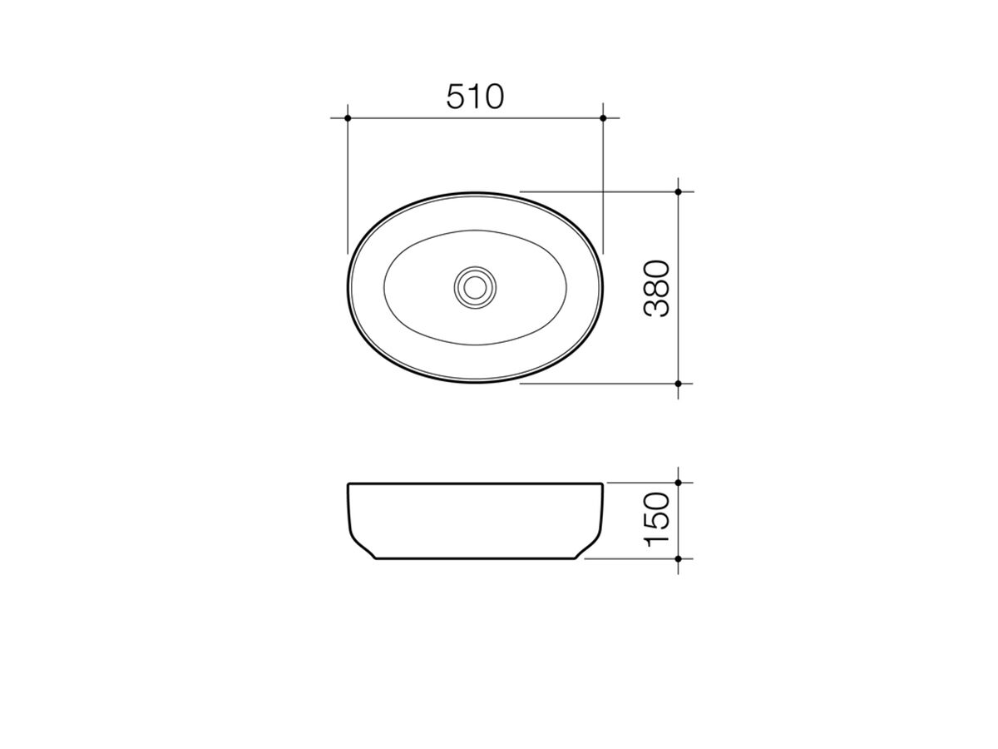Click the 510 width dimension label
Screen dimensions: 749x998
[475, 97]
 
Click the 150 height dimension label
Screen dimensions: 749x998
[657, 520]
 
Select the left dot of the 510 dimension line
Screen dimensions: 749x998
[348, 118]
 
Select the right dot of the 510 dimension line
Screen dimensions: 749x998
[603, 118]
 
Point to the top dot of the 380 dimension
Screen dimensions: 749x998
[679, 191]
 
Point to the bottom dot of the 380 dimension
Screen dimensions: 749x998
[679, 384]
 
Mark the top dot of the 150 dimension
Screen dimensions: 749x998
[679, 483]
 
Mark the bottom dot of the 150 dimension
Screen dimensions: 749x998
[679, 558]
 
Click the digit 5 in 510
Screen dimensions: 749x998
[457, 97]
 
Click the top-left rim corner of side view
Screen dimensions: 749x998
[348, 484]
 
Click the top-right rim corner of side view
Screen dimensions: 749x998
[602, 484]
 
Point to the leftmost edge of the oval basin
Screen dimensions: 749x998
[348, 287]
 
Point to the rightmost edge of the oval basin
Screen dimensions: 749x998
[602, 287]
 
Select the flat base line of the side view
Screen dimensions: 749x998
[475, 559]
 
